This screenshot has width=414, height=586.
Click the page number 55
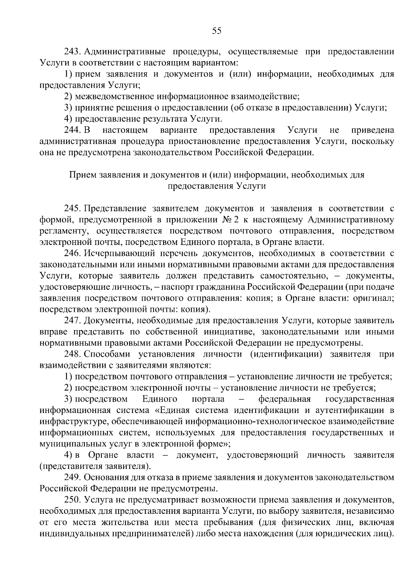tap(217, 31)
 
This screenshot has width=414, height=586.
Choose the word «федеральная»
tap(285, 399)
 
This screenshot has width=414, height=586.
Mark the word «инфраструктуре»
tap(70, 422)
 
